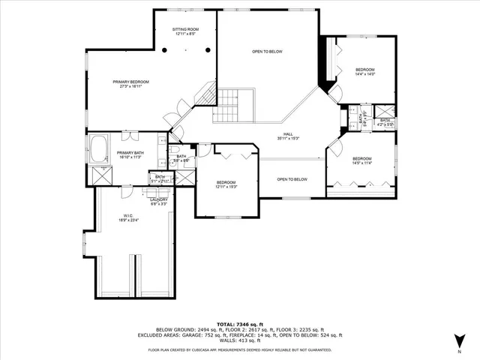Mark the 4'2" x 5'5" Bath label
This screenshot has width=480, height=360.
click(385, 121)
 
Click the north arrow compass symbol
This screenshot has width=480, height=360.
click(459, 340)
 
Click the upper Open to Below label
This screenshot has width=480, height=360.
click(267, 52)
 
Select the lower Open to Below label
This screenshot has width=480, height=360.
click(292, 179)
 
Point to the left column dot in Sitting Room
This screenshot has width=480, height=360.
click(165, 49)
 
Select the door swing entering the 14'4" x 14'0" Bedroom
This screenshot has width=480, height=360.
click(335, 93)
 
